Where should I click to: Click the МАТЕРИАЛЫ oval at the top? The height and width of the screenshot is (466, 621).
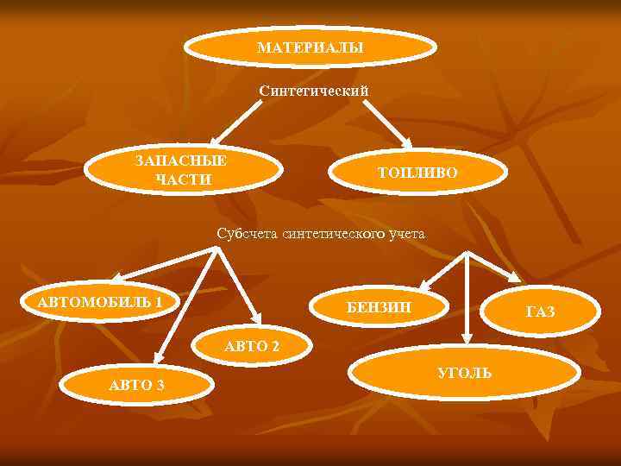[310, 47]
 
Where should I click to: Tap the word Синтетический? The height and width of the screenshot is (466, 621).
[314, 90]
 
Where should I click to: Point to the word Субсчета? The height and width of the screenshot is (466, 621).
[248, 233]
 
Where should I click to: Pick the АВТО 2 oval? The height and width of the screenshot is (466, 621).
[251, 346]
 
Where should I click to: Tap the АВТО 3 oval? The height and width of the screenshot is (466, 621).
[137, 383]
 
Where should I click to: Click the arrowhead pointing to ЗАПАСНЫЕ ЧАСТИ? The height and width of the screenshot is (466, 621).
[218, 136]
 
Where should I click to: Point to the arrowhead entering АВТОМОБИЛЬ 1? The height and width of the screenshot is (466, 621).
[118, 278]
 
